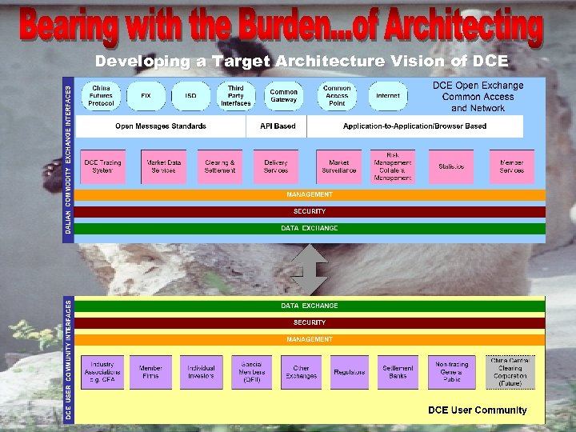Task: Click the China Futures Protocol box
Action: (x=101, y=95)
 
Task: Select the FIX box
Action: (x=146, y=95)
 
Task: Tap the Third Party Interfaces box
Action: (x=235, y=95)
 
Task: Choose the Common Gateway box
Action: (x=283, y=95)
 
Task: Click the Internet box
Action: (x=388, y=95)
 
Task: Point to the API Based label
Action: (x=278, y=126)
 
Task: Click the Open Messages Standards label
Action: (x=161, y=126)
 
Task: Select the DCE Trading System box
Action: (x=102, y=166)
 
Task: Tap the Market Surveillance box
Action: (x=338, y=166)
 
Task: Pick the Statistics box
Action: (x=451, y=166)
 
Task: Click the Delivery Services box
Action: (x=276, y=166)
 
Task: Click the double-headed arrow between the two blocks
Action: (x=309, y=268)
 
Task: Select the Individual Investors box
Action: (x=201, y=372)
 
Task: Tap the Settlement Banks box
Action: (x=398, y=372)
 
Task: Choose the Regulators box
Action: (x=350, y=372)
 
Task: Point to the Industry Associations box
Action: (x=102, y=372)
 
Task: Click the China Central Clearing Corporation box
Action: (x=510, y=372)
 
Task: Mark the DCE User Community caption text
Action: (x=478, y=410)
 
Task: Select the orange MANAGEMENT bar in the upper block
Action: (x=310, y=194)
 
